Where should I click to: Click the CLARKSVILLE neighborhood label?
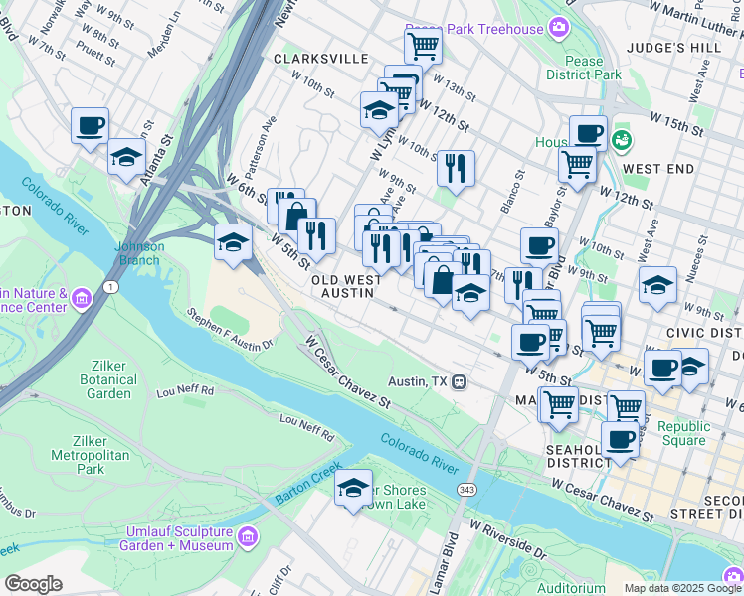click(x=320, y=59)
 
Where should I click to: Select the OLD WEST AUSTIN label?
click(x=346, y=288)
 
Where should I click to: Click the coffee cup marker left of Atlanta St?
click(x=90, y=127)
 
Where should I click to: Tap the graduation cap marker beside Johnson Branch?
click(x=233, y=242)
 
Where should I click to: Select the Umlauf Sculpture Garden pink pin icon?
click(x=248, y=537)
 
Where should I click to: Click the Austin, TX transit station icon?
click(x=460, y=381)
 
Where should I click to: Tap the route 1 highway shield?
click(x=110, y=287)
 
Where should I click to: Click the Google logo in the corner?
click(x=33, y=584)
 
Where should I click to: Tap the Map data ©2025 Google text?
click(x=681, y=588)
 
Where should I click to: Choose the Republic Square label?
click(x=685, y=433)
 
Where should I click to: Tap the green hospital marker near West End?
click(x=622, y=140)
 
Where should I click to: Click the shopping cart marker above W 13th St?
click(x=423, y=45)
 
